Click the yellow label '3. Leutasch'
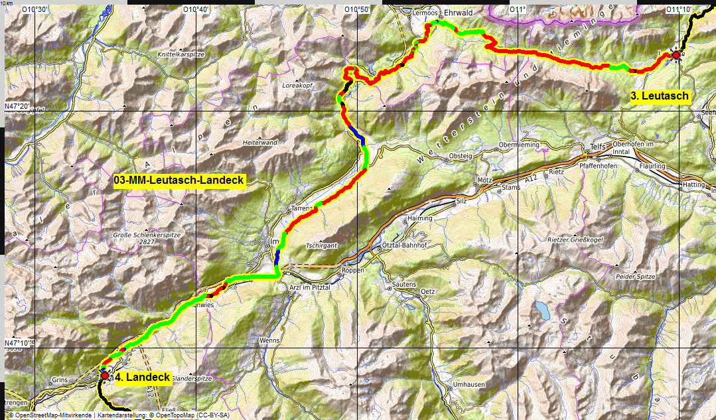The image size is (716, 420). (660, 96)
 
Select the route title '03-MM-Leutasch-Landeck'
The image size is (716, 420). (180, 180)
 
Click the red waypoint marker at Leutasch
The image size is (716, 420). (676, 56)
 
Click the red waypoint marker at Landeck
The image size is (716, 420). (104, 376)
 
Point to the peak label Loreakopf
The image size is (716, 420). (297, 86)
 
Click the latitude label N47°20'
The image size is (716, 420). (17, 107)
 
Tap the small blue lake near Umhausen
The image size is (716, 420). (543, 309)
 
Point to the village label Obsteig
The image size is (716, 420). (461, 156)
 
